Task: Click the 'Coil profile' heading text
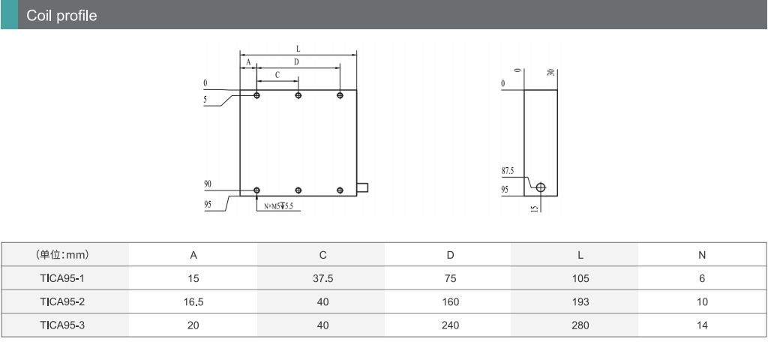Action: click(61, 16)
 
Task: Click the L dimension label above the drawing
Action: click(298, 49)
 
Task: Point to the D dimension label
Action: click(296, 61)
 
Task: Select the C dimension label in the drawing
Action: click(277, 75)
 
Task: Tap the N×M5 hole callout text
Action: click(278, 205)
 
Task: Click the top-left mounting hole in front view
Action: click(257, 95)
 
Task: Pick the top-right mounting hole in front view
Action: click(340, 95)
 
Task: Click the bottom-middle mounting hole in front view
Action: click(298, 190)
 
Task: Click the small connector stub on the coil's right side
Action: click(362, 187)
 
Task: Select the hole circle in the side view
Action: click(541, 187)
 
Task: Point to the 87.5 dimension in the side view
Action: click(508, 171)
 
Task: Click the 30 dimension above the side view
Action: click(551, 73)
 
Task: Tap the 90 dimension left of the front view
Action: click(207, 184)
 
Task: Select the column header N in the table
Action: click(702, 255)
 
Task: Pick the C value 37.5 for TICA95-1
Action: click(322, 278)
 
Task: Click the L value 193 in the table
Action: click(580, 301)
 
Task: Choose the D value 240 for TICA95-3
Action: click(450, 325)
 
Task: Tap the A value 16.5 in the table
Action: click(193, 301)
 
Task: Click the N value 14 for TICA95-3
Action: click(702, 325)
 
